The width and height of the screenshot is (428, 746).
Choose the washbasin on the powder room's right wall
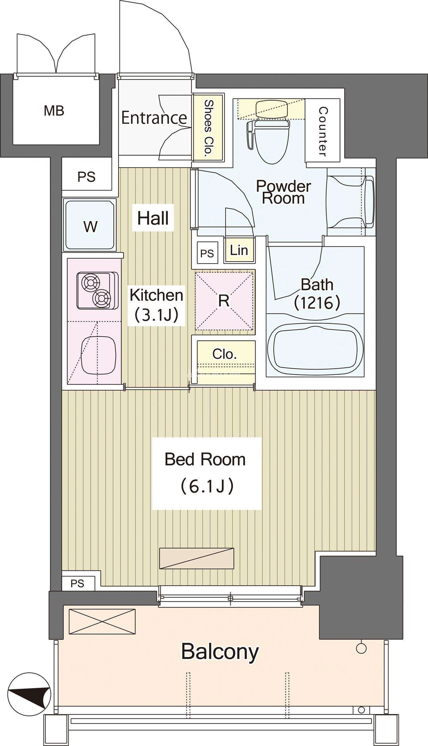click(351, 202)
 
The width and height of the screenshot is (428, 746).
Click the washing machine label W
click(91, 226)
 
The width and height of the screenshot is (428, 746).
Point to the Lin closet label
click(239, 250)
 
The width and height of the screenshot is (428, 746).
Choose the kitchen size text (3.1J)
click(156, 315)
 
